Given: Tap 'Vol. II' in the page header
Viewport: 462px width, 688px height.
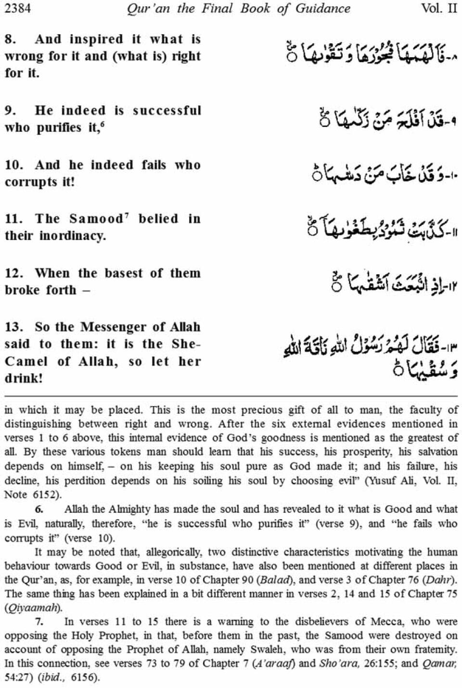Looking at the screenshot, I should coord(438,8).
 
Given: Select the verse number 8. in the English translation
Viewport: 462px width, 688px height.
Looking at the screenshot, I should coord(10,39).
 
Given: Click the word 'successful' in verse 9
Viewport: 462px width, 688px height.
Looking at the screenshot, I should coord(167,110).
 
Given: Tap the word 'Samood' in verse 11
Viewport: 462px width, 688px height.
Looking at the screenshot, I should coord(96,219).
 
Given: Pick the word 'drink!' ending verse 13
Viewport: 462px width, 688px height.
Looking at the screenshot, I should coord(24,378).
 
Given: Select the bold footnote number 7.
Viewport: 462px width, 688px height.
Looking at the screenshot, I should coord(39,622).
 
